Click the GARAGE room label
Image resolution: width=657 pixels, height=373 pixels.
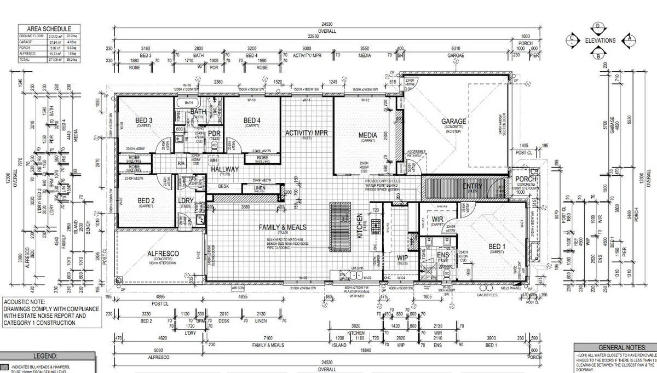454,122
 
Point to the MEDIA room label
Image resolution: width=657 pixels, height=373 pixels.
368,135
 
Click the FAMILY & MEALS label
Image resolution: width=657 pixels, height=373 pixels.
283,227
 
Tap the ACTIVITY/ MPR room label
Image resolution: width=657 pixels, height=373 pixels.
306,133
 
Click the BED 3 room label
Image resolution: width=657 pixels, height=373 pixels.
143,120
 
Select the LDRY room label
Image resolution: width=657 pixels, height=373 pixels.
186,201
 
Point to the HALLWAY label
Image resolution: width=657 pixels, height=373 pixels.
225,170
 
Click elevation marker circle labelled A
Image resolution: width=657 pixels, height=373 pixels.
629,38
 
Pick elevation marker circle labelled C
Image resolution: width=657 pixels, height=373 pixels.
573,38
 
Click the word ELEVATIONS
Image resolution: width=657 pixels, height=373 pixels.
601,41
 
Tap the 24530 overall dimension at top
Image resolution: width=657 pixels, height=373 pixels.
328,24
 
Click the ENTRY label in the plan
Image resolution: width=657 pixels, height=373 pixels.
472,187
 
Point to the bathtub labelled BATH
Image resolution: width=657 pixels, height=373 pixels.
189,102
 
